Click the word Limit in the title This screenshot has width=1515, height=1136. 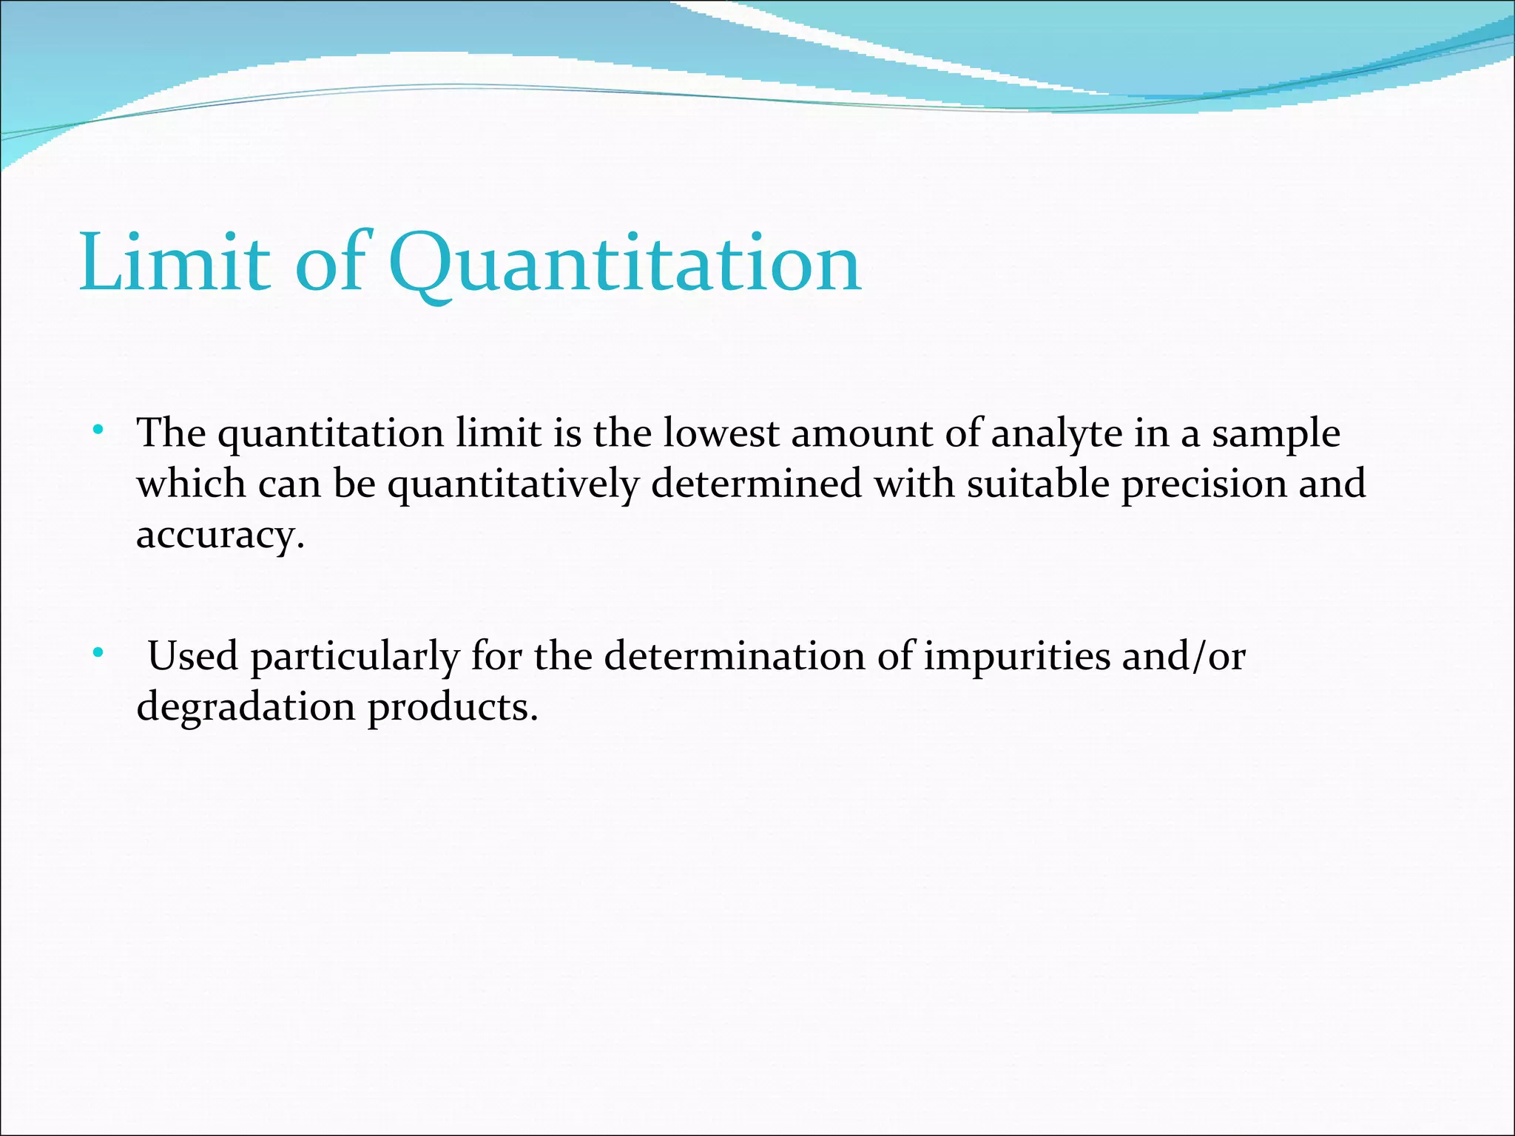pos(175,263)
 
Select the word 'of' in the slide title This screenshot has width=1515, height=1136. pos(330,263)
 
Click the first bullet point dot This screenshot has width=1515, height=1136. pos(98,430)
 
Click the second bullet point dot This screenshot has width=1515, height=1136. pos(98,653)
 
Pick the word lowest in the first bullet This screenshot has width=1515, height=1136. pos(721,433)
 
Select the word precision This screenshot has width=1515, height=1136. pos(1203,485)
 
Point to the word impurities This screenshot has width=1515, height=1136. pos(1016,657)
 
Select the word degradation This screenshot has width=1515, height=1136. pos(246,707)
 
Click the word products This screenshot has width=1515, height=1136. pos(452,707)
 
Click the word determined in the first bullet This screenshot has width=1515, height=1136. pos(756,484)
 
